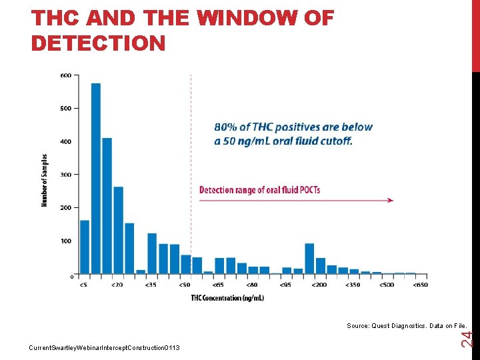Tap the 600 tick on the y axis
point(66,75)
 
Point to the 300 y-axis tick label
point(66,175)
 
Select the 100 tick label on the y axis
point(66,241)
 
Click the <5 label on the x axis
point(83,285)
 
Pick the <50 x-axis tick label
point(184,285)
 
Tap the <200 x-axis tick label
point(319,285)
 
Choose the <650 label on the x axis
point(420,285)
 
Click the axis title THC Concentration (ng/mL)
point(227,298)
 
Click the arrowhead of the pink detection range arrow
point(390,200)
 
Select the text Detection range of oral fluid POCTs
point(259,190)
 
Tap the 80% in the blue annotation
point(225,127)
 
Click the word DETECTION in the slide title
point(98,43)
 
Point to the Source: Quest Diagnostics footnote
point(406,326)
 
